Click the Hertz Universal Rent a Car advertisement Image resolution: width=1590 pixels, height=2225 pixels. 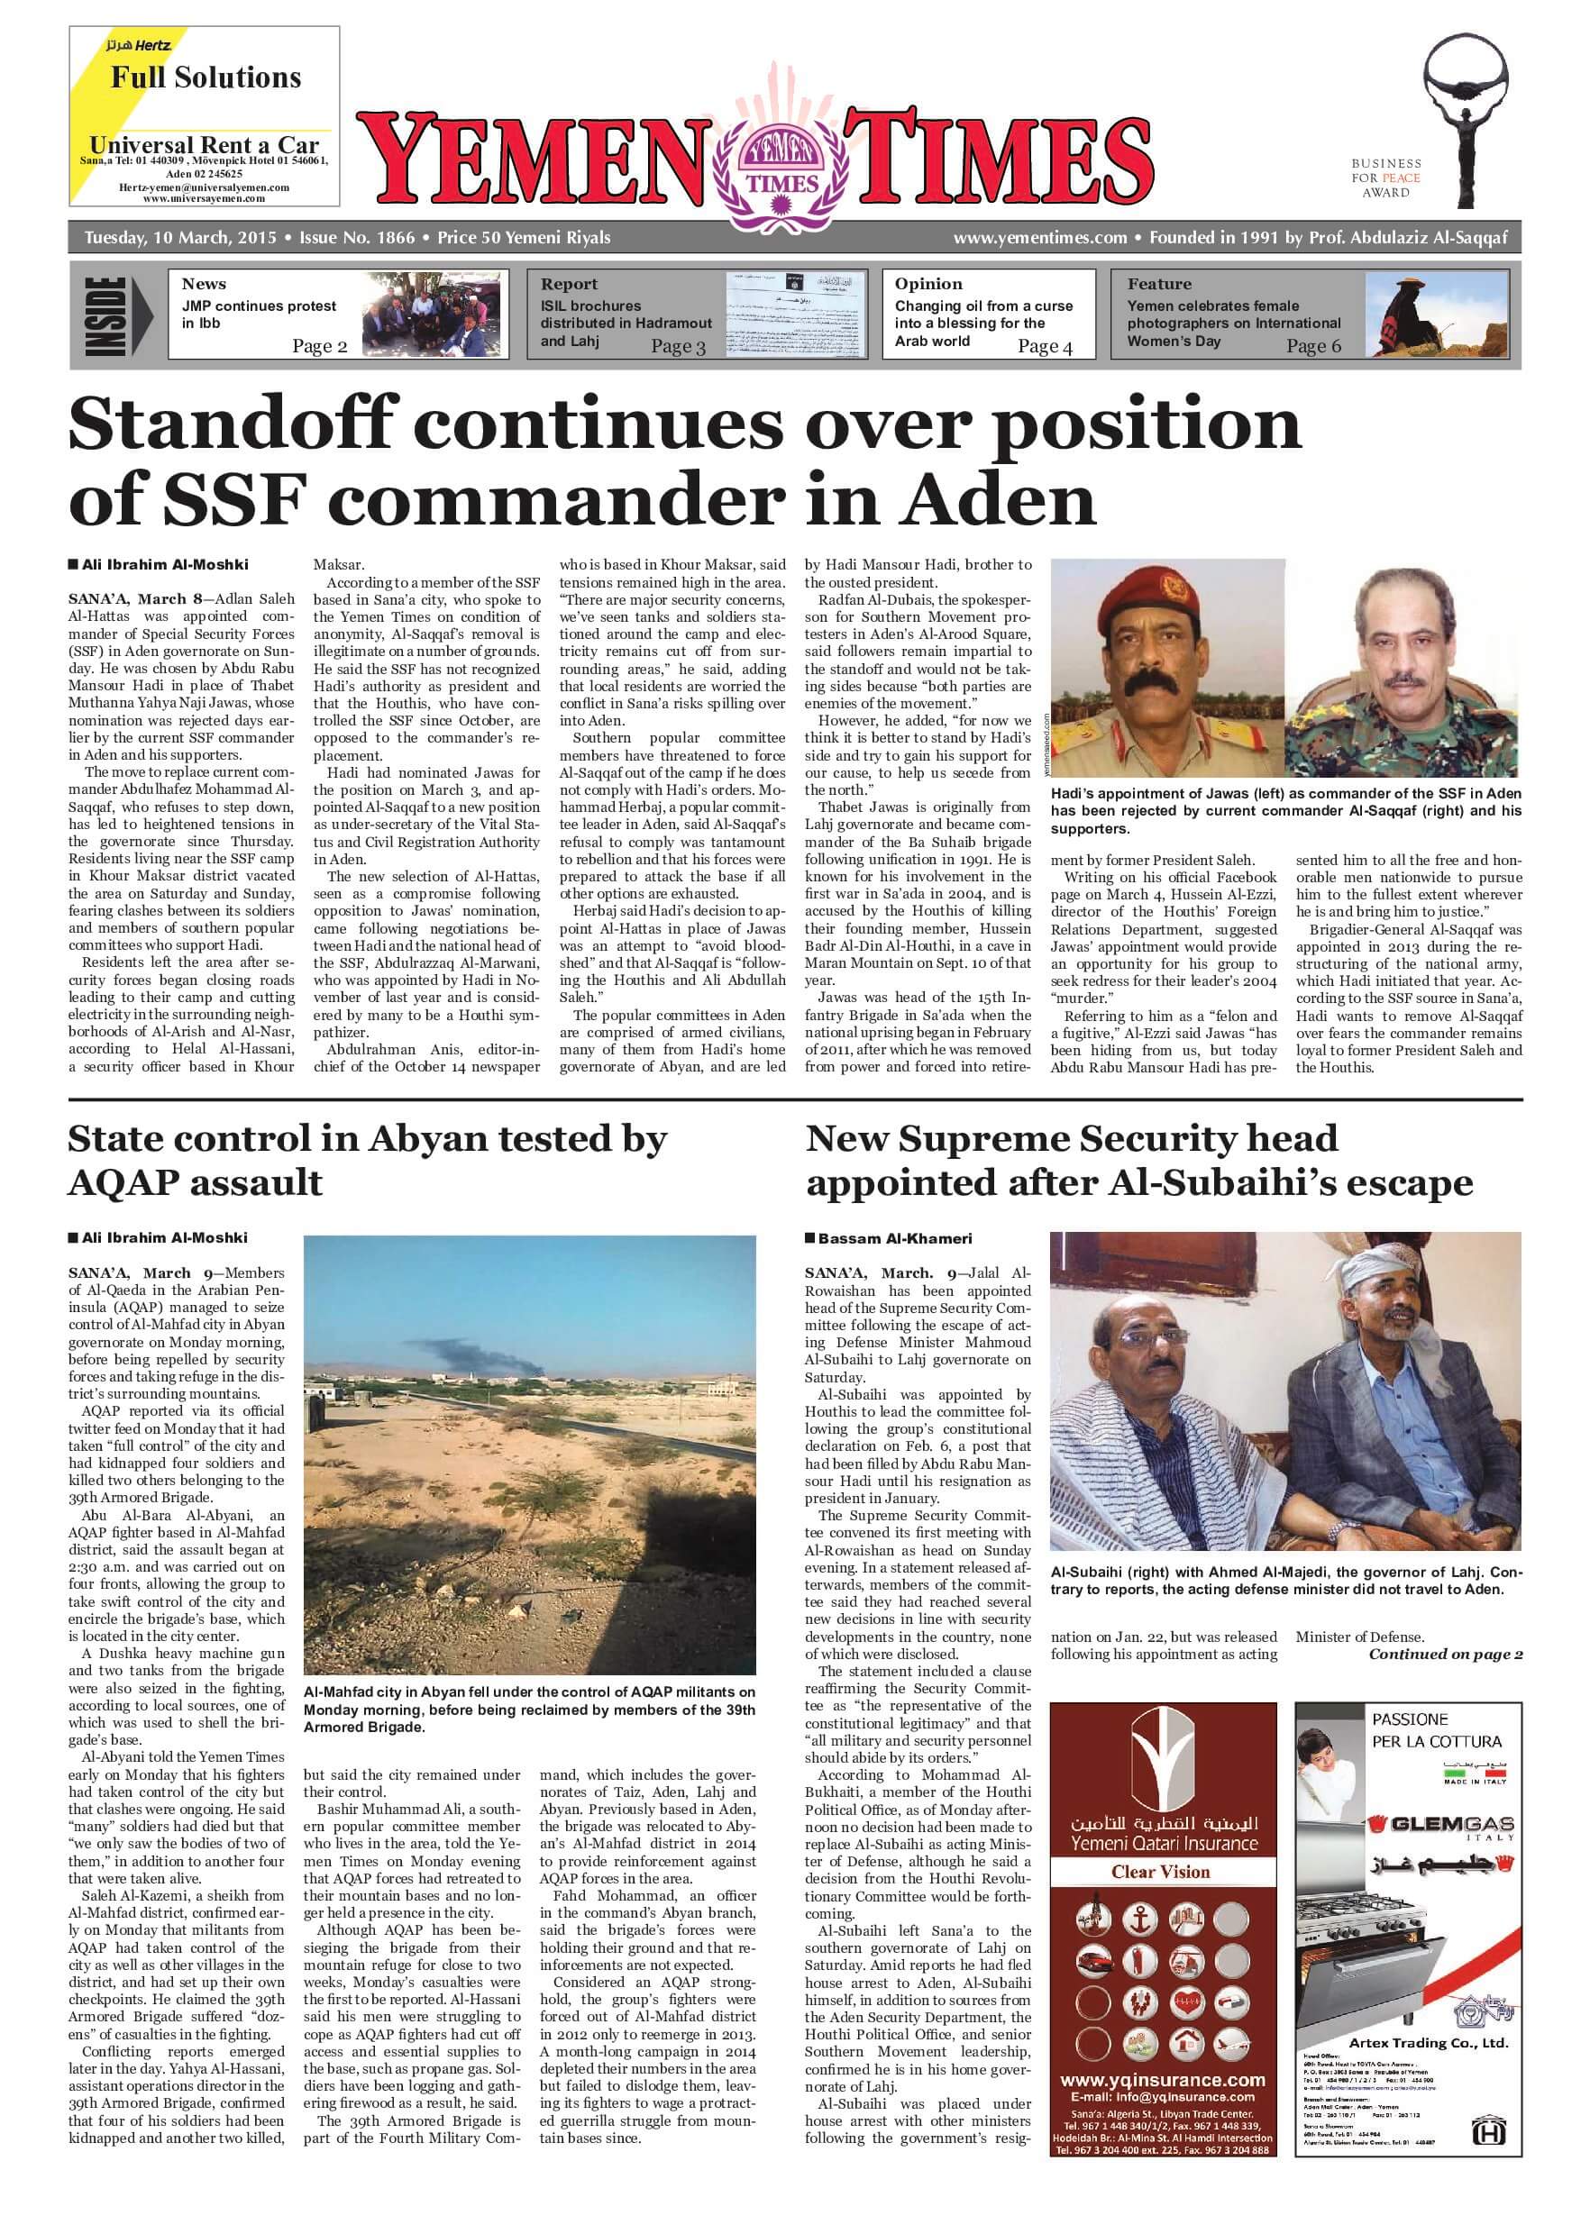click(x=204, y=115)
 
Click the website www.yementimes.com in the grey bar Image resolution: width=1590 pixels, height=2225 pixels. click(x=1040, y=238)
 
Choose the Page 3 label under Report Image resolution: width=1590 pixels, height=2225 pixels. click(x=678, y=347)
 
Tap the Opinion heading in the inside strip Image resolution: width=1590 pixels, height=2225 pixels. click(x=928, y=284)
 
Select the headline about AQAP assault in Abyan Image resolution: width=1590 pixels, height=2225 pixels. click(x=367, y=1160)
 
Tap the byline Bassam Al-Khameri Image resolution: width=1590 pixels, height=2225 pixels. click(x=895, y=1238)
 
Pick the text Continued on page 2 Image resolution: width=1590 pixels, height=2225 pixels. click(x=1445, y=1655)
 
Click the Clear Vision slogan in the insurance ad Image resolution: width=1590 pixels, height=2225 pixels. click(x=1160, y=1872)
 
